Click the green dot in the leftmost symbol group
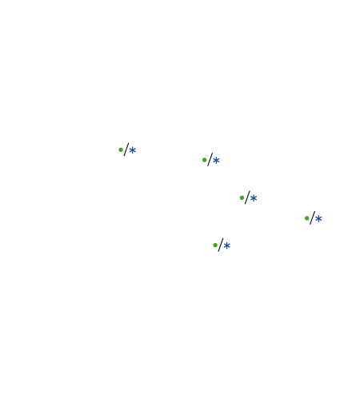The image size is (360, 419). tap(121, 150)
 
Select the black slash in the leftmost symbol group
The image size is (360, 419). tap(126, 150)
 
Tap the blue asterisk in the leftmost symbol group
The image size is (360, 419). tap(133, 150)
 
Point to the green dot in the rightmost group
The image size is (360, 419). tap(307, 218)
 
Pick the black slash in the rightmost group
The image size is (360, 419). tap(312, 217)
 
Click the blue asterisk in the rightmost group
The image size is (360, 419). tap(318, 219)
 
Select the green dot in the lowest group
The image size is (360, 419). tap(215, 245)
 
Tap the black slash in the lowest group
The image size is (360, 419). tap(221, 245)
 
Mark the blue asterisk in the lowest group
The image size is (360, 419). tap(227, 245)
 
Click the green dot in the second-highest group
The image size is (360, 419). tap(205, 160)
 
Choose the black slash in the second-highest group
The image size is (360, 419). tap(210, 160)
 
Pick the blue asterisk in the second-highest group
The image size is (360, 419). tap(216, 161)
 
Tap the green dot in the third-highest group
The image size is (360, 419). tap(242, 198)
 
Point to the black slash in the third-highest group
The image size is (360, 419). tap(247, 198)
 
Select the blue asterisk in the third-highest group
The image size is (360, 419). tap(254, 198)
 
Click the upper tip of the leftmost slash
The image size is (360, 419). tap(129, 143)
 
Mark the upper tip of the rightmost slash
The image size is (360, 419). tap(314, 211)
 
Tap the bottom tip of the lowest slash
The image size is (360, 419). tap(218, 251)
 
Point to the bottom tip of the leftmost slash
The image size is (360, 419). tap(124, 156)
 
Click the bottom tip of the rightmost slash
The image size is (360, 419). tap(310, 224)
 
